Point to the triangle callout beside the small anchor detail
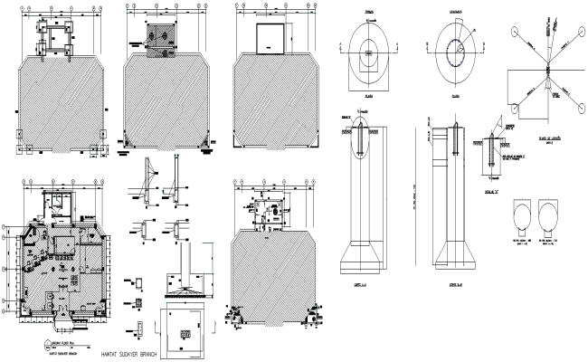click(496, 123)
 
